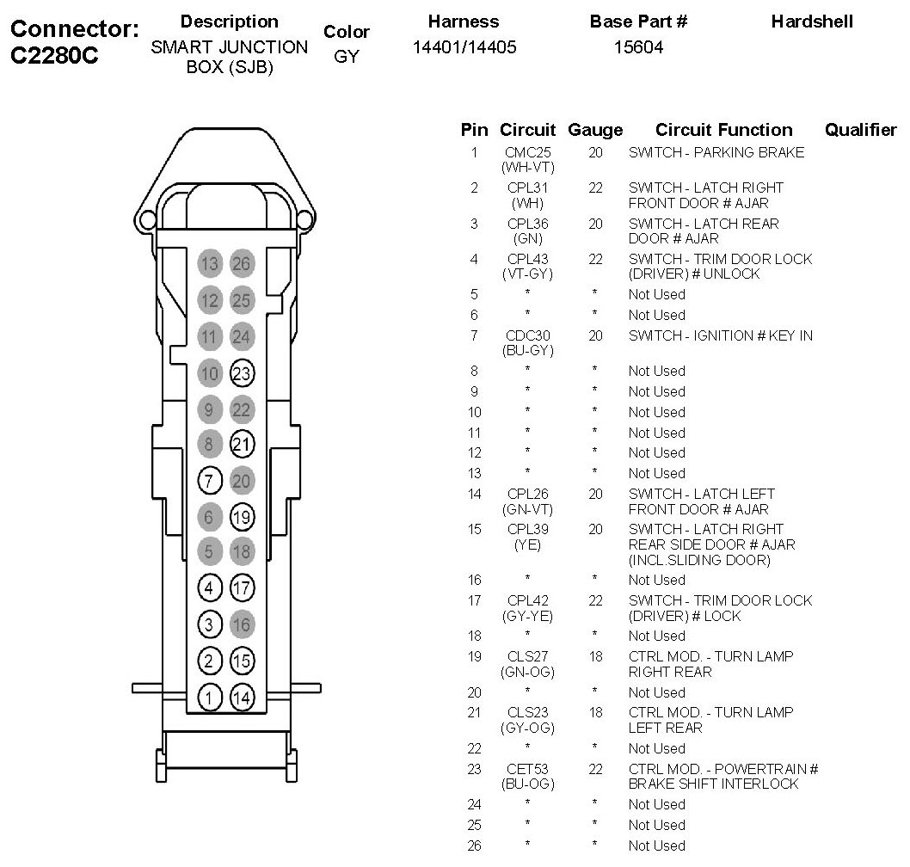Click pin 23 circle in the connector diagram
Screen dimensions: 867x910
(243, 373)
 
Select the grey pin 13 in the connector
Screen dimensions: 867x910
(210, 264)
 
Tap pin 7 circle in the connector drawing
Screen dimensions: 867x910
(210, 481)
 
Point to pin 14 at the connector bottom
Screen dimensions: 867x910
(243, 698)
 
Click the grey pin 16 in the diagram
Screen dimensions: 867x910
(243, 625)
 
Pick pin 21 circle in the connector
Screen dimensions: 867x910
(243, 445)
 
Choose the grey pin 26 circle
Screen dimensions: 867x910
(243, 264)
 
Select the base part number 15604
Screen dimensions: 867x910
(638, 48)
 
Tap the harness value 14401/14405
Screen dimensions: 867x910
(464, 48)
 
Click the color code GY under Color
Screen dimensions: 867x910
(346, 58)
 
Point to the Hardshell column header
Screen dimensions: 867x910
(812, 22)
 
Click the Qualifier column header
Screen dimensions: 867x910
(860, 130)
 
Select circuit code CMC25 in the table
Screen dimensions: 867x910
(527, 152)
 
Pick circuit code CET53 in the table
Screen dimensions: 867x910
(527, 769)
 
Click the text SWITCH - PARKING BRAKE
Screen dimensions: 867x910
(716, 152)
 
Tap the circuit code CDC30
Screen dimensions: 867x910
(527, 335)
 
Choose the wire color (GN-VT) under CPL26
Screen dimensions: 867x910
(527, 509)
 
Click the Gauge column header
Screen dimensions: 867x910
(595, 130)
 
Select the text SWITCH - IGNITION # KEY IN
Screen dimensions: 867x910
(720, 335)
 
